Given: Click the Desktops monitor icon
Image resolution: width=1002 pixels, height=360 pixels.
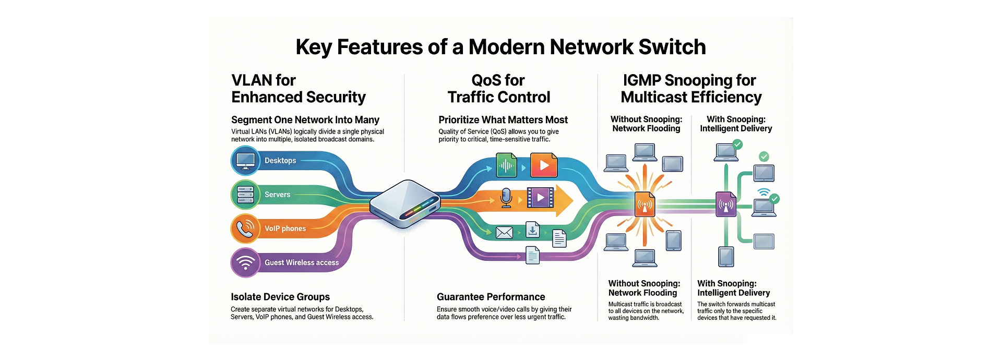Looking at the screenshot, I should pyautogui.click(x=245, y=160).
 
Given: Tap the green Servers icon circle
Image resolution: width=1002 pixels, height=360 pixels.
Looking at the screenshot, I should pyautogui.click(x=245, y=195).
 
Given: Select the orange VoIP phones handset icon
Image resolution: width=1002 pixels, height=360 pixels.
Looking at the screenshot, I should pyautogui.click(x=245, y=229).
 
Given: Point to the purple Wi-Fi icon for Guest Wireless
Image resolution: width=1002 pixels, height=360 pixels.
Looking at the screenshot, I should pyautogui.click(x=245, y=262).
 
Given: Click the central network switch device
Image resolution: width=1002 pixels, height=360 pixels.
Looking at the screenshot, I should pyautogui.click(x=403, y=204).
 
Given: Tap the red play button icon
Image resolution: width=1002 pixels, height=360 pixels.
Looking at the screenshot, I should pyautogui.click(x=544, y=165).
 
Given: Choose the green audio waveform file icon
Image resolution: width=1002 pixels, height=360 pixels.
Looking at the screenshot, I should pyautogui.click(x=506, y=165).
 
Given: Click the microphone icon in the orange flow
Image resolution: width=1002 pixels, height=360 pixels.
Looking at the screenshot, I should pyautogui.click(x=506, y=198).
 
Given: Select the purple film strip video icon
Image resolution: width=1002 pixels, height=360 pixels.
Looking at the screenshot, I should pyautogui.click(x=540, y=198).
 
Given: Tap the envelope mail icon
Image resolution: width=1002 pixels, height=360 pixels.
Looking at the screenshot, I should pyautogui.click(x=504, y=233).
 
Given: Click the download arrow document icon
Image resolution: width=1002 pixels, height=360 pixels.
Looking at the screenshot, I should pyautogui.click(x=532, y=230).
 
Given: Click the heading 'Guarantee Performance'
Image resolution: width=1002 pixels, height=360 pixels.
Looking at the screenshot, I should pyautogui.click(x=491, y=297).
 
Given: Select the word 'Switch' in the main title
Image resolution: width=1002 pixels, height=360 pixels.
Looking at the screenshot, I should pyautogui.click(x=672, y=47).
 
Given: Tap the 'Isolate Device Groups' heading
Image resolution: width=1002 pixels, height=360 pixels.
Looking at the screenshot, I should pyautogui.click(x=280, y=297).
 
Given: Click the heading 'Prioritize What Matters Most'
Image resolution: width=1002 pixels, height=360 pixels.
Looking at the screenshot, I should pyautogui.click(x=503, y=120).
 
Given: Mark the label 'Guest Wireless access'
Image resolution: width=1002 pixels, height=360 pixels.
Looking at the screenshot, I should pyautogui.click(x=302, y=262).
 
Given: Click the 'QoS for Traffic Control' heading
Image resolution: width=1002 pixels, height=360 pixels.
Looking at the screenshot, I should pyautogui.click(x=498, y=89).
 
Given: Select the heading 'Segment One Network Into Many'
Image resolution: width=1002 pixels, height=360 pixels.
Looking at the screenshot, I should pyautogui.click(x=305, y=120).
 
